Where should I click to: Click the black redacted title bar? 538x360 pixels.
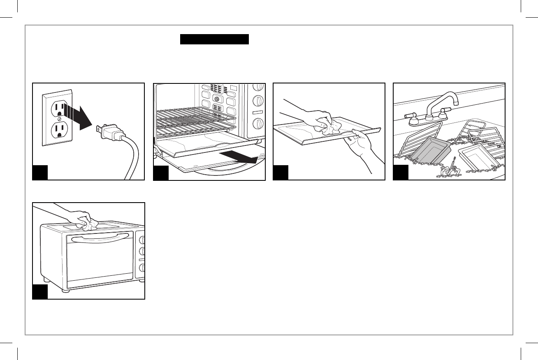point(215,39)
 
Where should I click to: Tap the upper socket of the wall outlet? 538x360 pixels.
point(58,109)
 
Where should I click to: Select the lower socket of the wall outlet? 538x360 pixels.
point(58,131)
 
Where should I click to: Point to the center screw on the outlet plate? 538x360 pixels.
point(58,120)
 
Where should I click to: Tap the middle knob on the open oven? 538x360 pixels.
point(258,101)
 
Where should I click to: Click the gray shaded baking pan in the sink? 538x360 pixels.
point(430,151)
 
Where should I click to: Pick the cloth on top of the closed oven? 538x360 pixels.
point(88,224)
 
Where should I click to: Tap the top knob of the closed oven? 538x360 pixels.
point(142,240)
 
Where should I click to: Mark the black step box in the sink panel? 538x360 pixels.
point(401,173)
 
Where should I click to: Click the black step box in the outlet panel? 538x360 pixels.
point(40,173)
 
